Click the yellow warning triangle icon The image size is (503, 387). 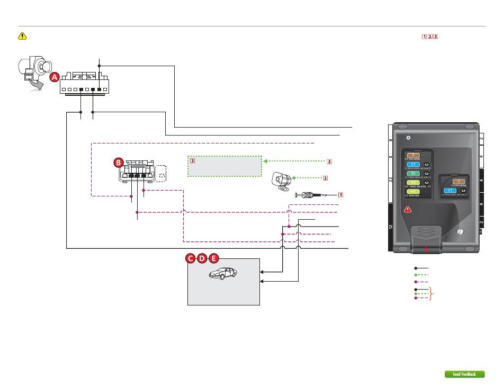pos(23,36)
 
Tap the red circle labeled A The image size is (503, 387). pos(55,77)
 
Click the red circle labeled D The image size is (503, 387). pos(202,258)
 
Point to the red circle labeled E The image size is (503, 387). pos(213,258)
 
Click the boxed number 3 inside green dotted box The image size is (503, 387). pos(193,160)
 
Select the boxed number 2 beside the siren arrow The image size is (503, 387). pos(326,178)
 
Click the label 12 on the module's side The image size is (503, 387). pos(391,229)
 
